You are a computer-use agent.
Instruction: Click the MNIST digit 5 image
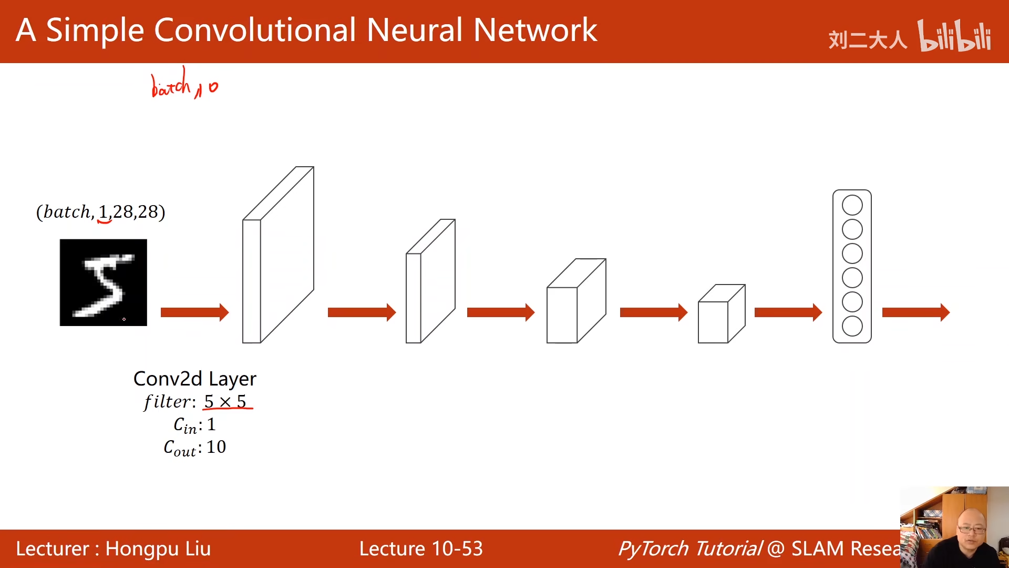tap(103, 282)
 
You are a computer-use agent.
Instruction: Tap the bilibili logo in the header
tap(954, 36)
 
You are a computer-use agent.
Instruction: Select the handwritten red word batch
tap(171, 84)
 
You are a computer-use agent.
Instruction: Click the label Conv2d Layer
tap(195, 379)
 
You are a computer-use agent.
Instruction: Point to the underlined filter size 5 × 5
tap(225, 402)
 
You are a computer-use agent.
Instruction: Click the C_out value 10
tap(216, 447)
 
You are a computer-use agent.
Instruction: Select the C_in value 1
tap(211, 424)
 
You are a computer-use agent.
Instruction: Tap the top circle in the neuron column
tap(852, 205)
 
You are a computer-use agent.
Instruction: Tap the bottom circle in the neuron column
tap(852, 326)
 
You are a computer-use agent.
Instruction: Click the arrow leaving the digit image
tap(194, 312)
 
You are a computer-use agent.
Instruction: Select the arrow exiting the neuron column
tap(916, 312)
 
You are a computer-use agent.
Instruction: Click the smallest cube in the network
tap(722, 314)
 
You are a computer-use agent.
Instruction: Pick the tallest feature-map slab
tap(278, 255)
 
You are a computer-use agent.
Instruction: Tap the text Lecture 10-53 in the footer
tap(421, 549)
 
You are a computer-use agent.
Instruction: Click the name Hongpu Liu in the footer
tap(158, 549)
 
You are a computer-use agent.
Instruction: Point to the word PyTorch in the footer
tap(654, 549)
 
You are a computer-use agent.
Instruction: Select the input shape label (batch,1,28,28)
tap(100, 212)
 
